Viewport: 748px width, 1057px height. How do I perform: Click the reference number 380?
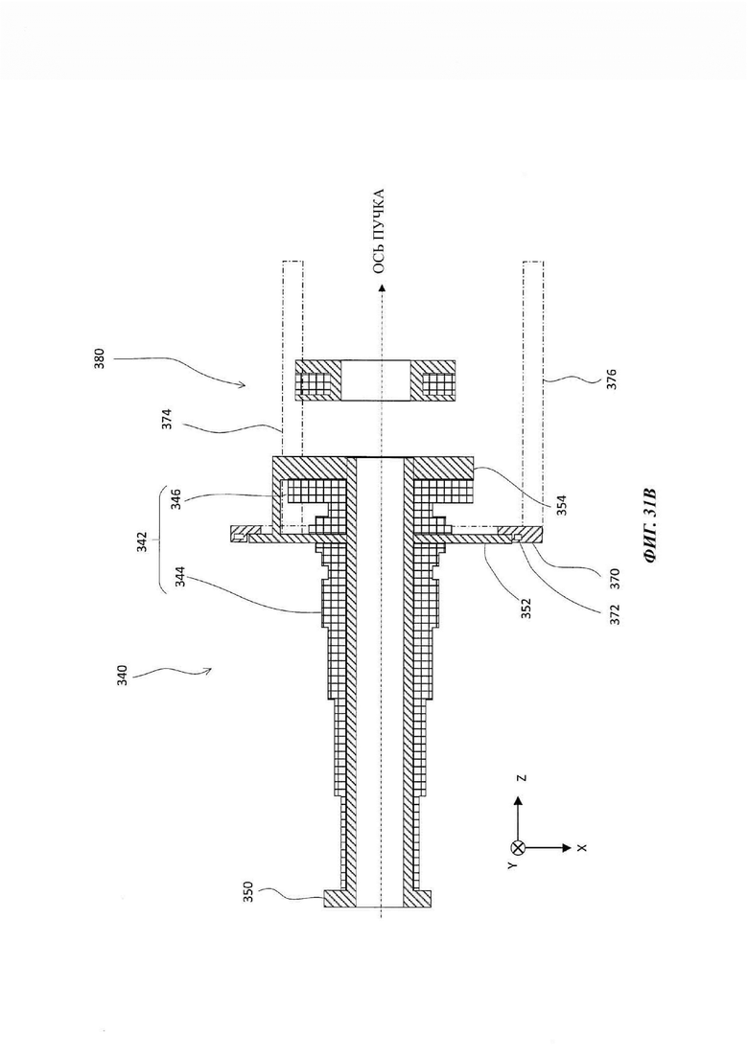click(x=99, y=361)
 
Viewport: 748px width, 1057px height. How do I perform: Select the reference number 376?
click(x=612, y=379)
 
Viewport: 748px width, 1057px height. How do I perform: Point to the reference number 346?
click(x=176, y=497)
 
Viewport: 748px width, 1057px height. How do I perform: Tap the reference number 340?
click(x=122, y=677)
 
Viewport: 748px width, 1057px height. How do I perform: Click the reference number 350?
click(x=248, y=892)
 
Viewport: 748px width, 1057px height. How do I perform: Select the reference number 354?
click(x=563, y=505)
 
